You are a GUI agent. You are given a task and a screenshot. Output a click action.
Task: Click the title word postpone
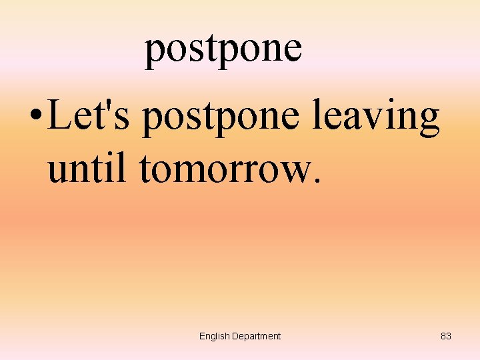coord(223,49)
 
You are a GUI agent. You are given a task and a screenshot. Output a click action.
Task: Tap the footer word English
coord(214,336)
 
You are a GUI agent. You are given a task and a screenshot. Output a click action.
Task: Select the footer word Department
coord(256,336)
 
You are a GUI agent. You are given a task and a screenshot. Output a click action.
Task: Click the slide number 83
coord(446,336)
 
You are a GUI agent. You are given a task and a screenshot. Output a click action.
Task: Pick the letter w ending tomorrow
coord(295,173)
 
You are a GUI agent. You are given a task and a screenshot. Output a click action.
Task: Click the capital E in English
coord(202,336)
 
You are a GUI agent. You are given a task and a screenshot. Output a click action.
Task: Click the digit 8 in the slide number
coord(443,336)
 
